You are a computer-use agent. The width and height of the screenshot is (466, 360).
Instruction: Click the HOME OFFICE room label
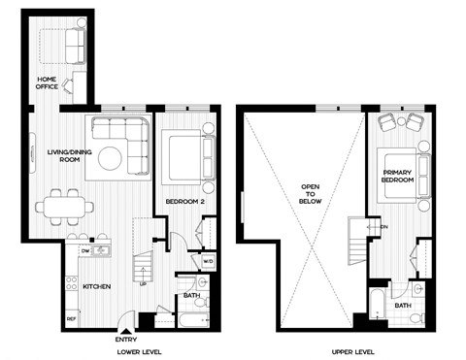click(x=47, y=82)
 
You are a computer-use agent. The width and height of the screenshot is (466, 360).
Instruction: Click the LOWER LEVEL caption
click(x=140, y=350)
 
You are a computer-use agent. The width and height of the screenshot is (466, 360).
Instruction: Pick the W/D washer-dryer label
click(x=208, y=260)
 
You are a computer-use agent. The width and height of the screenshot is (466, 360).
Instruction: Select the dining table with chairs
click(x=65, y=206)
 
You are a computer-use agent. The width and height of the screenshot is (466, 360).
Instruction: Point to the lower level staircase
click(x=143, y=264)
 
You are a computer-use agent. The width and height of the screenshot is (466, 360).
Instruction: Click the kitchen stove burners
click(x=71, y=284)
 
